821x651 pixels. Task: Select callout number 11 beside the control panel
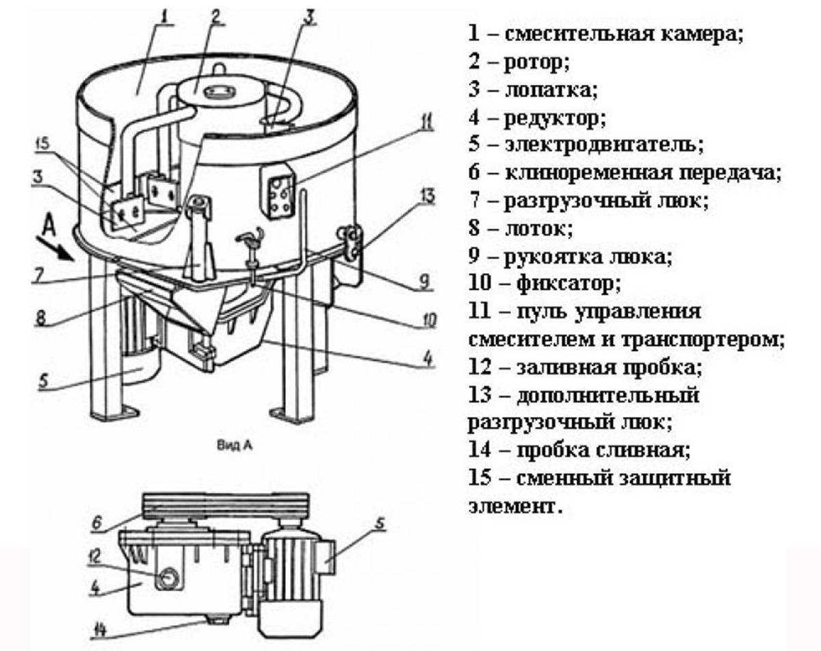coord(426,123)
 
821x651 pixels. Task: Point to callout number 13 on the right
coord(426,197)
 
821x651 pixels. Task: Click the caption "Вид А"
coord(234,446)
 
